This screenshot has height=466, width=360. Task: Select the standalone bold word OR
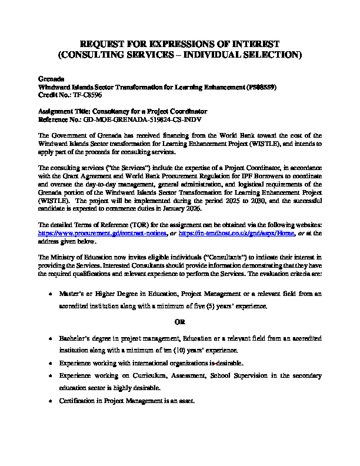click(x=181, y=322)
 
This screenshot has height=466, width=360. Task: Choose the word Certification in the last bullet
click(x=78, y=401)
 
